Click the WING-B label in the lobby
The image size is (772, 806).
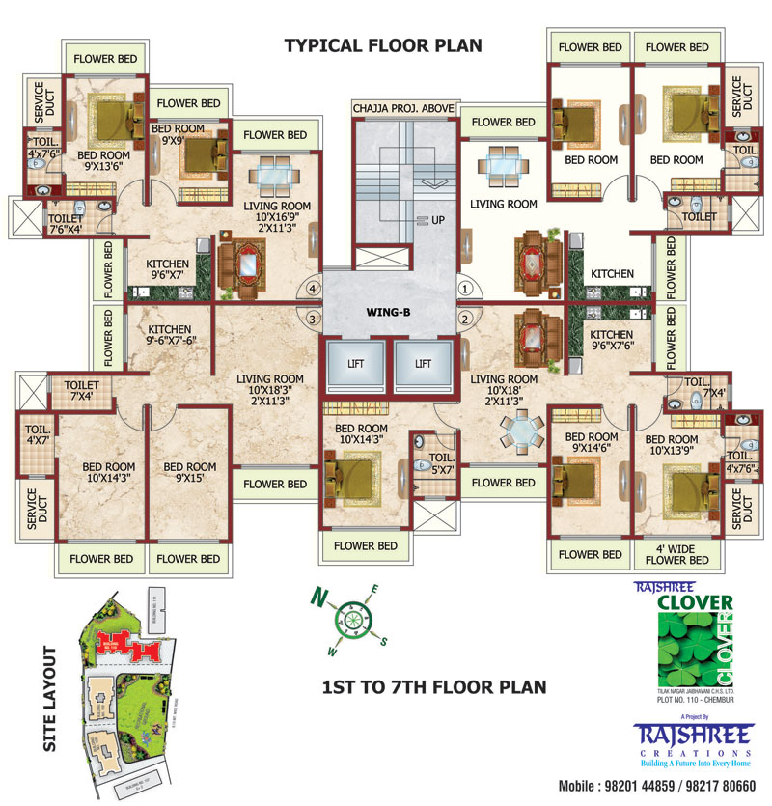(x=388, y=313)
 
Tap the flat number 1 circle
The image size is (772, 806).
(x=465, y=288)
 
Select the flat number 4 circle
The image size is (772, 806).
(x=312, y=288)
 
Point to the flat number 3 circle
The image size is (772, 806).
(x=312, y=319)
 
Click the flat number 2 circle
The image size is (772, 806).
(x=465, y=319)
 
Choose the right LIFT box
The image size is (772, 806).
(x=423, y=364)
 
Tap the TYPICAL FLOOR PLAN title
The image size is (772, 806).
(x=383, y=45)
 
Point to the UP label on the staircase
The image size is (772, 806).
(x=438, y=220)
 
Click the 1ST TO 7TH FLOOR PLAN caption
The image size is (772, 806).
(x=433, y=687)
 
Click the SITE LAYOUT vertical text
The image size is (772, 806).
(x=50, y=698)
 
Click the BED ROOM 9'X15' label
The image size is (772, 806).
(x=189, y=473)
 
